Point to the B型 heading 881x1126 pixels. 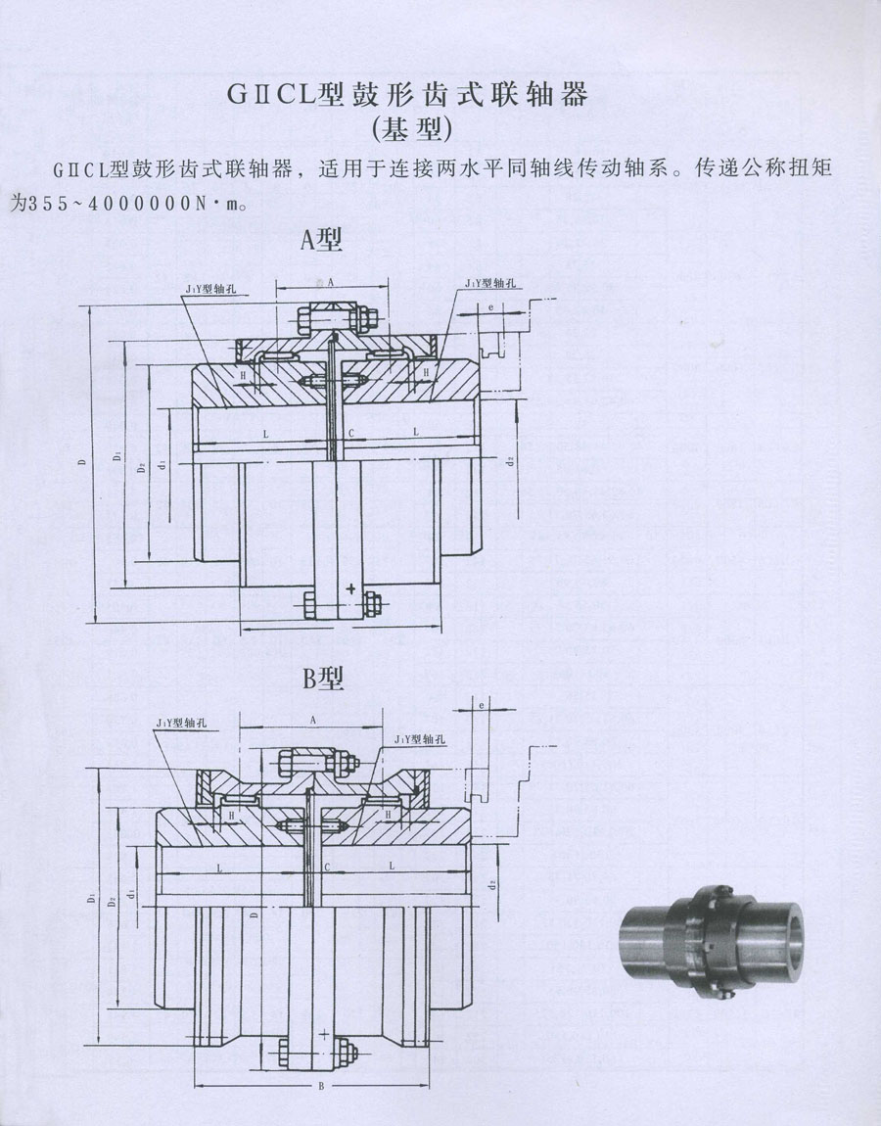(x=323, y=678)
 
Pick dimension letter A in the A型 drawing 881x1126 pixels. (x=331, y=281)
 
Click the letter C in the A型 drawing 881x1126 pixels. (x=349, y=432)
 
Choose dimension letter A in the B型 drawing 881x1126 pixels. (x=312, y=719)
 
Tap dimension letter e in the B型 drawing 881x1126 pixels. (x=482, y=704)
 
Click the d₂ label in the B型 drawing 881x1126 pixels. (x=494, y=883)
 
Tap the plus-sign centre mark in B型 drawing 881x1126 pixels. (x=323, y=1034)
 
